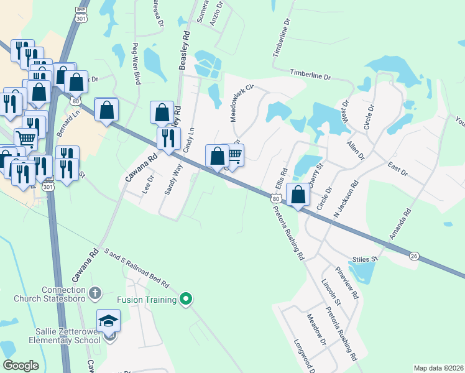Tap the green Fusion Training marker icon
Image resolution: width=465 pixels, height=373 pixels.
point(185,300)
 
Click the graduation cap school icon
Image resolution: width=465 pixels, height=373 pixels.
point(108,321)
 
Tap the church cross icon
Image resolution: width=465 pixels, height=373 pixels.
point(94,292)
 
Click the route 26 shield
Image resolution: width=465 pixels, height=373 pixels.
point(414,256)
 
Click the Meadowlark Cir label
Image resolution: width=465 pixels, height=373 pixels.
point(239,103)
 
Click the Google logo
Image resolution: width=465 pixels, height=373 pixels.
point(21,366)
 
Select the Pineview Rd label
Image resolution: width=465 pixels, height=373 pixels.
point(347,283)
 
